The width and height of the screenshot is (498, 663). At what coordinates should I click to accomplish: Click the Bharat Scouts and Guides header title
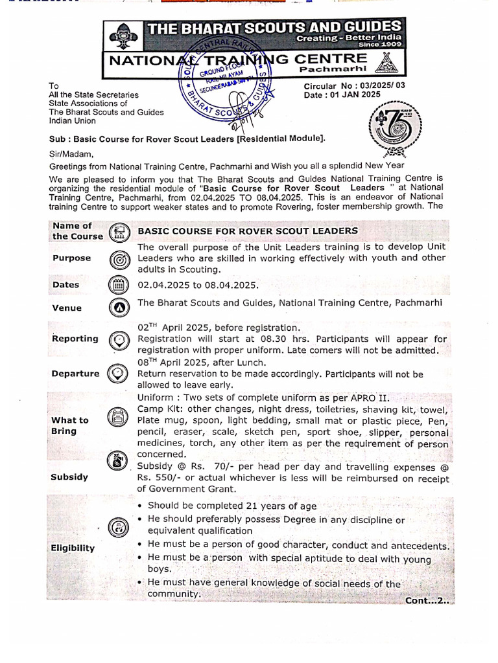coord(275,27)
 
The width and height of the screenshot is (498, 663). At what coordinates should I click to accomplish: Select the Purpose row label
coord(71,258)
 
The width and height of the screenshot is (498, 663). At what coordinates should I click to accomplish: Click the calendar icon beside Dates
coord(118,285)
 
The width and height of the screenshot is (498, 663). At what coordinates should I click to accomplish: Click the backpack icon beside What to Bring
coord(118,418)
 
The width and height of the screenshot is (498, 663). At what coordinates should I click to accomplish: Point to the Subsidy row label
coord(69,477)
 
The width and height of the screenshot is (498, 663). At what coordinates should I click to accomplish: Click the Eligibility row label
coord(73,548)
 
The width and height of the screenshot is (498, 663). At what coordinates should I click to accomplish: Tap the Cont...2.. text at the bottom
coord(427,600)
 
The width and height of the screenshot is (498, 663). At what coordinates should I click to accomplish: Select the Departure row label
coord(75,374)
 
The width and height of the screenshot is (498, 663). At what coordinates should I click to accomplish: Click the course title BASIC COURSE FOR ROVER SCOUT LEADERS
coord(247,230)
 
